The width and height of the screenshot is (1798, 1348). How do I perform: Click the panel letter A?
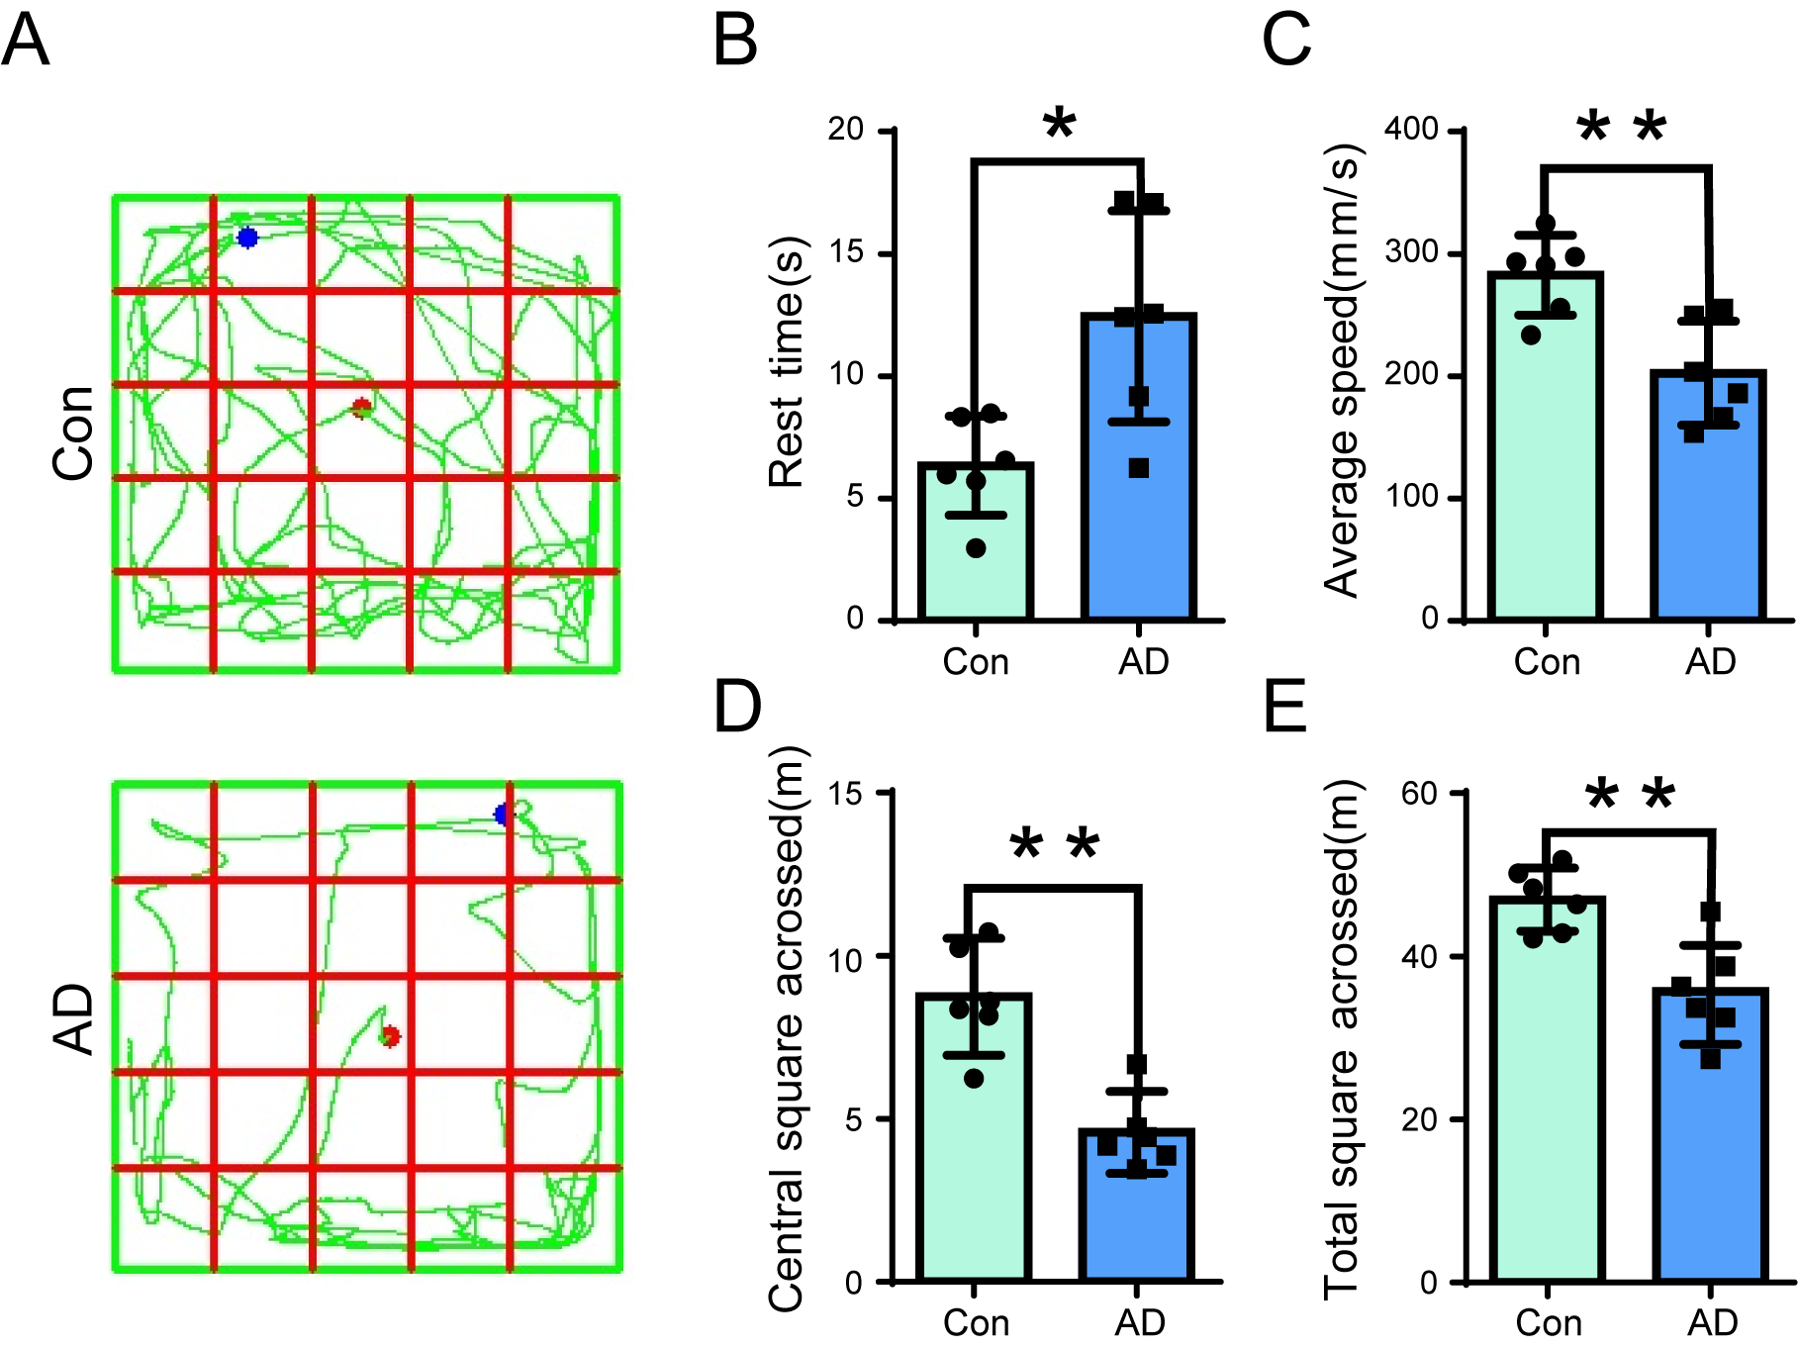coord(25,42)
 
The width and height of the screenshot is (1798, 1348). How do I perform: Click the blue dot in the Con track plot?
coord(247,238)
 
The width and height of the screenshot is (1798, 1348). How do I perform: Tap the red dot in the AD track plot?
coord(390,1036)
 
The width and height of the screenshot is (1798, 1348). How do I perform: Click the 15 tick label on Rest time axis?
coord(847,252)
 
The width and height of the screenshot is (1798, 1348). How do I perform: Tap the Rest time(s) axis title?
coord(788,362)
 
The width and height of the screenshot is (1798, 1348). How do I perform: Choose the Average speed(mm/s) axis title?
coord(1343,371)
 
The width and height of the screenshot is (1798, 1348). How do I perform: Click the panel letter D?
coord(737,707)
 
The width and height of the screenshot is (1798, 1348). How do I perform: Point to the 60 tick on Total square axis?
coord(1419,793)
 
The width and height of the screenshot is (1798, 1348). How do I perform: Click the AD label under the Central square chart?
coord(1140,1322)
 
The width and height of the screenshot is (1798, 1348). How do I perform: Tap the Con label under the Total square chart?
coord(1549,1322)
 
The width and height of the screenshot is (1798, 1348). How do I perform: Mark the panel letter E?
coord(1285,707)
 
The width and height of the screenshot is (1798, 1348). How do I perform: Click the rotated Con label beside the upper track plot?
coord(73,433)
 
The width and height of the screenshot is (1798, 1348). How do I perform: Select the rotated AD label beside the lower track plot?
coord(73,1019)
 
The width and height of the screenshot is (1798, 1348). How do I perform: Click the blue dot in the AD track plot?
coord(504,815)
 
